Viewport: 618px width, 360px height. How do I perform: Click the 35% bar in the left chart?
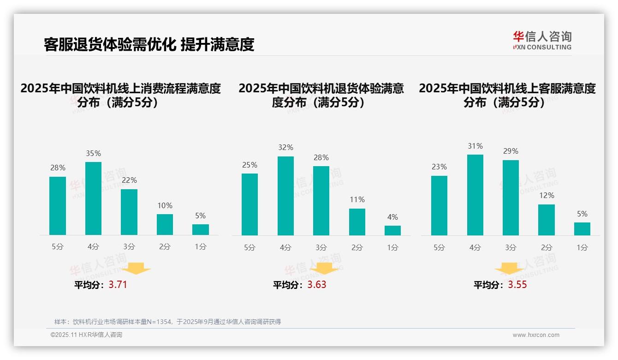tap(93, 198)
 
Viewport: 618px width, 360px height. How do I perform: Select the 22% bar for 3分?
tap(129, 212)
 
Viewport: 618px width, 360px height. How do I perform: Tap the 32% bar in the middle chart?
tap(285, 196)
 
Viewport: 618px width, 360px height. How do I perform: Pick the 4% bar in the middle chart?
tap(392, 230)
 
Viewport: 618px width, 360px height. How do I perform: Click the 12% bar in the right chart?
tap(547, 220)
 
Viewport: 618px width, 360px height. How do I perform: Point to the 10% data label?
tap(165, 205)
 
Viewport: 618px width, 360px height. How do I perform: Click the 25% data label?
tap(250, 165)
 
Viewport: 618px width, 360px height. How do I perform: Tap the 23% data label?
tap(439, 167)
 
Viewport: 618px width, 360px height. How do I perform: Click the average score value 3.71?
tap(118, 285)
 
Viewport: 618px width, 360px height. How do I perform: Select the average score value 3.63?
tap(317, 285)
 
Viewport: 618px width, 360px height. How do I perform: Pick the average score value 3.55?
tap(517, 285)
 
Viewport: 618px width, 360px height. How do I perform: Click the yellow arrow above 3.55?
tap(509, 269)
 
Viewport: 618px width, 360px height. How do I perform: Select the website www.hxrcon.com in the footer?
tap(536, 335)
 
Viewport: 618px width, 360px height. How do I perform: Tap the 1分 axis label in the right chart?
tap(582, 247)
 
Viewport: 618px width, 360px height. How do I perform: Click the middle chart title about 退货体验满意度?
tap(321, 95)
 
